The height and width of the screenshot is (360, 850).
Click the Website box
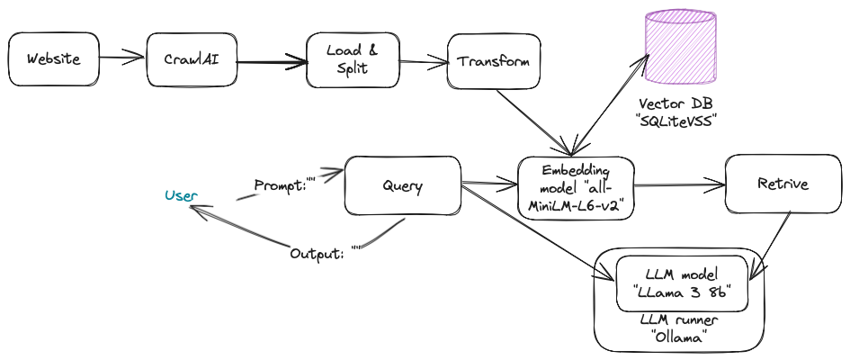click(x=53, y=59)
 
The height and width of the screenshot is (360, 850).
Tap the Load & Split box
click(x=352, y=60)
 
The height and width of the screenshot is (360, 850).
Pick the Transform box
click(x=493, y=61)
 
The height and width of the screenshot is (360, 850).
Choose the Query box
click(x=402, y=186)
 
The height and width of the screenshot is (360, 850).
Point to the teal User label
click(x=181, y=194)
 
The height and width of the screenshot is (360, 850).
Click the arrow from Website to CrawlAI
click(x=121, y=59)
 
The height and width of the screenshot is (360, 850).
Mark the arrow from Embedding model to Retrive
click(x=679, y=185)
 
